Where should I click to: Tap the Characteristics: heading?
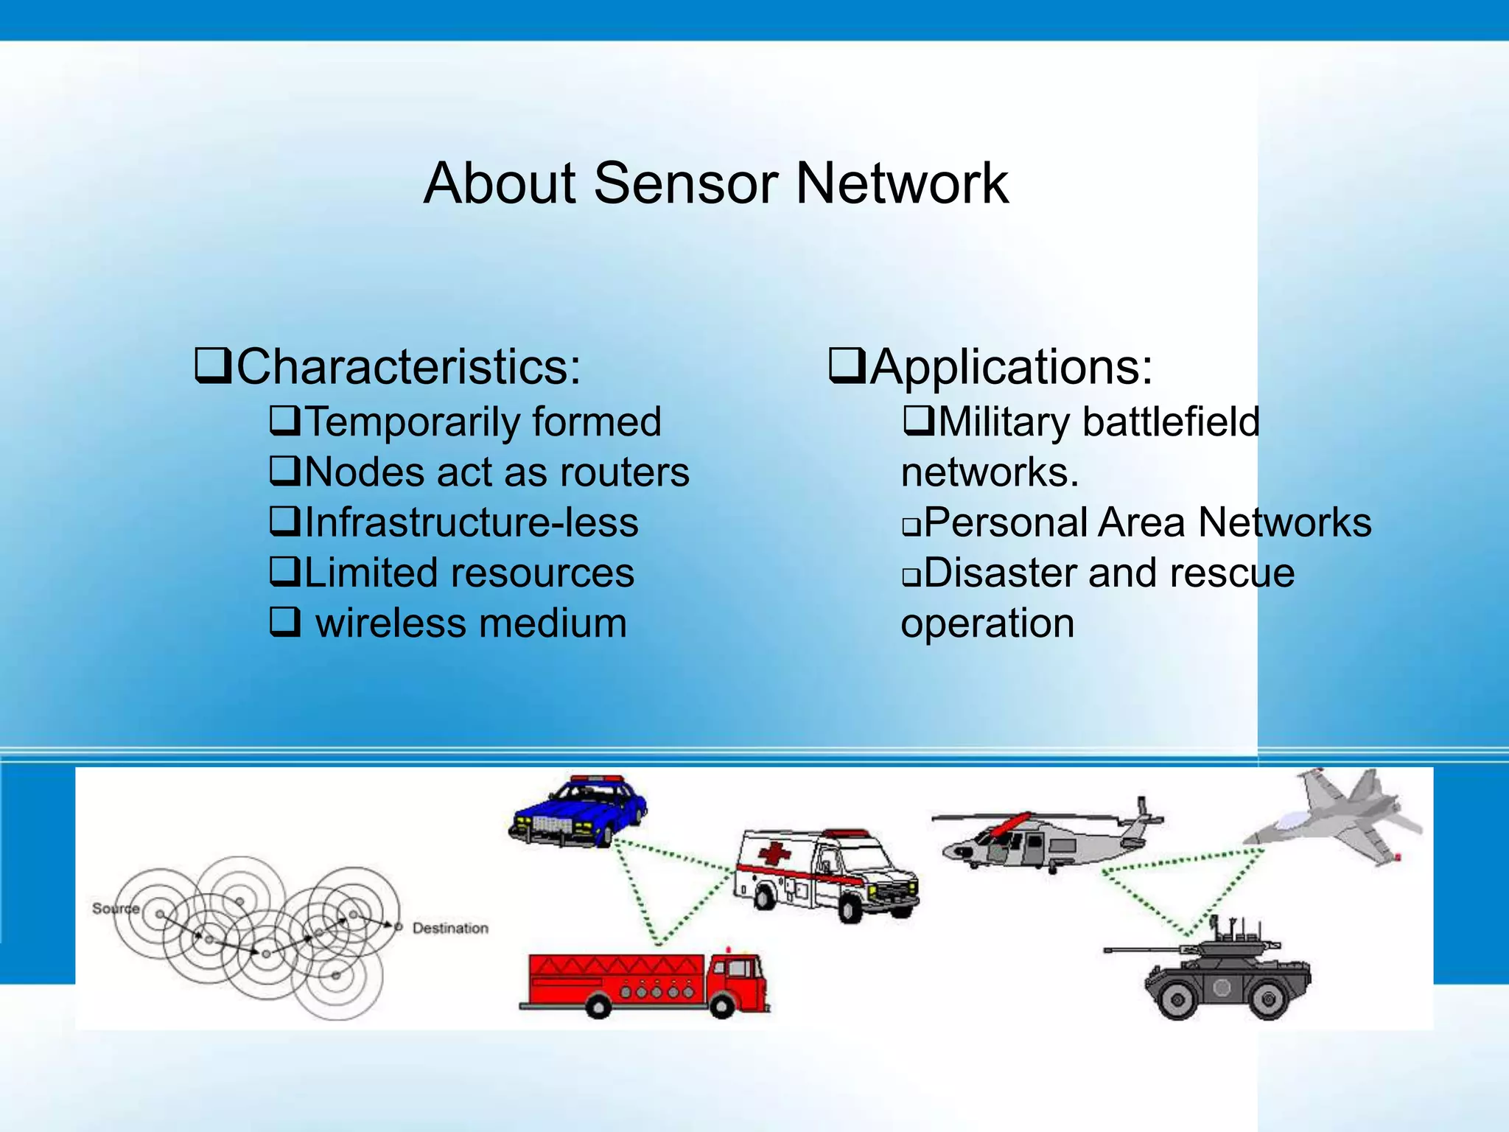[x=408, y=366]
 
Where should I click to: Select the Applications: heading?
[x=1011, y=366]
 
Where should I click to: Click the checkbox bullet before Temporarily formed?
[x=284, y=421]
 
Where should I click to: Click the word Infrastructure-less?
[x=471, y=523]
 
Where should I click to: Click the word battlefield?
[x=1171, y=422]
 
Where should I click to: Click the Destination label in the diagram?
[x=450, y=928]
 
